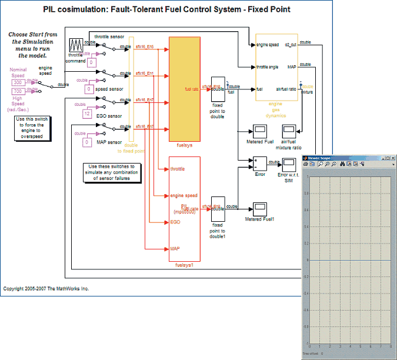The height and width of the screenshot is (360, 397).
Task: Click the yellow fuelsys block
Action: (x=185, y=88)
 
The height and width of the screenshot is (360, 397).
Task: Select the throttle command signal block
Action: (x=76, y=45)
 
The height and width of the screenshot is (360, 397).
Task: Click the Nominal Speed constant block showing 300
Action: (x=18, y=83)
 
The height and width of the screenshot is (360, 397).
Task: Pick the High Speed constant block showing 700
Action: (x=18, y=92)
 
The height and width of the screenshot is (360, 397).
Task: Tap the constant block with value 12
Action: (x=87, y=114)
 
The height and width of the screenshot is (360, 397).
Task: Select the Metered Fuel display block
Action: (x=260, y=130)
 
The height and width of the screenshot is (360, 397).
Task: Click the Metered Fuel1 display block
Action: (x=260, y=208)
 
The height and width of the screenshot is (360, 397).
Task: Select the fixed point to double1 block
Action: (x=217, y=208)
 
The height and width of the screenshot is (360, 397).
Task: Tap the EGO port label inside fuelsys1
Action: (x=175, y=223)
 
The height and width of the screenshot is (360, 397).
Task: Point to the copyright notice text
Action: (x=46, y=289)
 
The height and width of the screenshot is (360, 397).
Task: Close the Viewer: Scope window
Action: (x=392, y=158)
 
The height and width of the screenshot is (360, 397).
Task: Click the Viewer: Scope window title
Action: (x=320, y=158)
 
